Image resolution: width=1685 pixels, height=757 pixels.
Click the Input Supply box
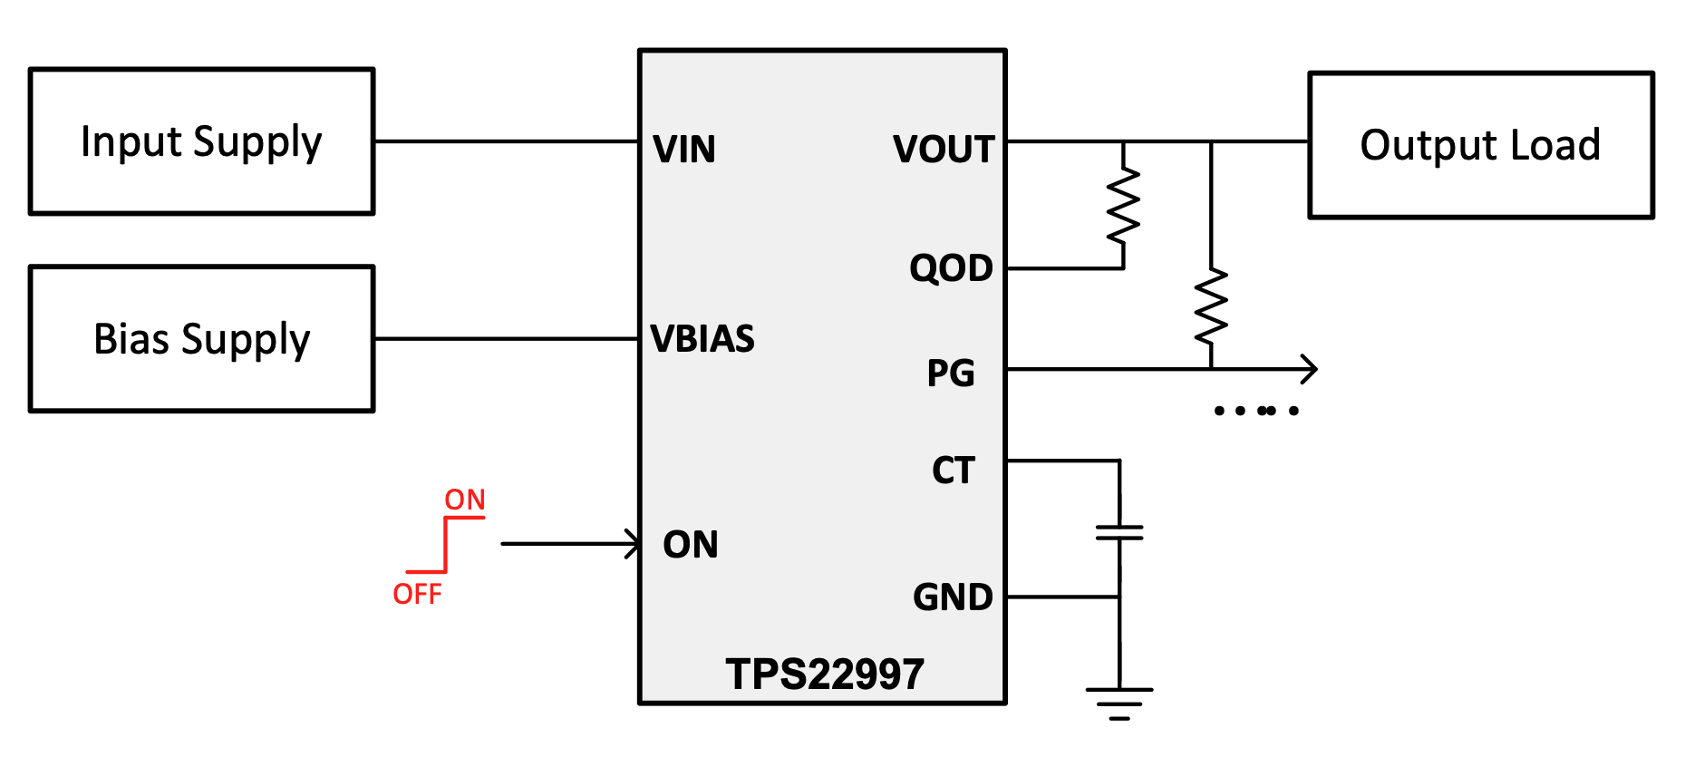tap(201, 141)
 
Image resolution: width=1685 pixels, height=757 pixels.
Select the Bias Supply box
tap(201, 339)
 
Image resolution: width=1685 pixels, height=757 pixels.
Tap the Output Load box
tap(1480, 145)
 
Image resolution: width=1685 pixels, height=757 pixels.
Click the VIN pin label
tap(684, 150)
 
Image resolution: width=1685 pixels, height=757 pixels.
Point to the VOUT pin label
tap(944, 150)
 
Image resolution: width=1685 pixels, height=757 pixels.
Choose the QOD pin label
tap(951, 268)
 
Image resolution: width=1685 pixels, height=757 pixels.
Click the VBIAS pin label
tap(702, 339)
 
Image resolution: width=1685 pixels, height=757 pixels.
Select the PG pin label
tap(951, 374)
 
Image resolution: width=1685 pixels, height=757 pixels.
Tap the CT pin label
tap(953, 471)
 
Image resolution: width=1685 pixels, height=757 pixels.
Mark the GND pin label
tap(953, 597)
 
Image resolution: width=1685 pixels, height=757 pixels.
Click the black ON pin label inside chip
tap(691, 545)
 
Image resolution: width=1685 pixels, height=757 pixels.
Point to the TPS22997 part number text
tap(825, 675)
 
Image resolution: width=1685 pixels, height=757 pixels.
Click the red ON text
tap(465, 500)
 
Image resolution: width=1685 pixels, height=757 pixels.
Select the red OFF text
tap(417, 595)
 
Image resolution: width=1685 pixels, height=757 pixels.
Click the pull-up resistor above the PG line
tap(1211, 306)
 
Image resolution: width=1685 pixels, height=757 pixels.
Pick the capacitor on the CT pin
tap(1119, 533)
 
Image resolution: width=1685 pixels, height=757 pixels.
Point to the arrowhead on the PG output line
tap(1310, 369)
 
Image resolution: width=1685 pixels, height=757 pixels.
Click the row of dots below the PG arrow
tap(1256, 411)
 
